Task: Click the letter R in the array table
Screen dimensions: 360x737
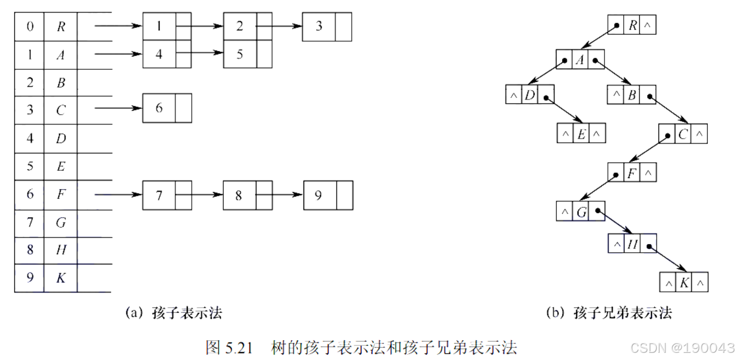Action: (x=61, y=26)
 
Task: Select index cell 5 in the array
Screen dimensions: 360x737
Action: (x=30, y=166)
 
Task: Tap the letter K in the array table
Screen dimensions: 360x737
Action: (x=61, y=278)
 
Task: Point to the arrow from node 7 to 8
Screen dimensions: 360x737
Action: (x=203, y=195)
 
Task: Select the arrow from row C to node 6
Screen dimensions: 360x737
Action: (x=118, y=108)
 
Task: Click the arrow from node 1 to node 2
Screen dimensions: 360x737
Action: (x=203, y=26)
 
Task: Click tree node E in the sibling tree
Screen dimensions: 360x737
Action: (x=581, y=134)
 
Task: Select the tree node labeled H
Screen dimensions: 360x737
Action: (x=632, y=243)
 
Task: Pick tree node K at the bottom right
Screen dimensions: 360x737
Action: (x=684, y=283)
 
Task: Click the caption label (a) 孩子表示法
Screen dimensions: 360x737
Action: (x=174, y=313)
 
